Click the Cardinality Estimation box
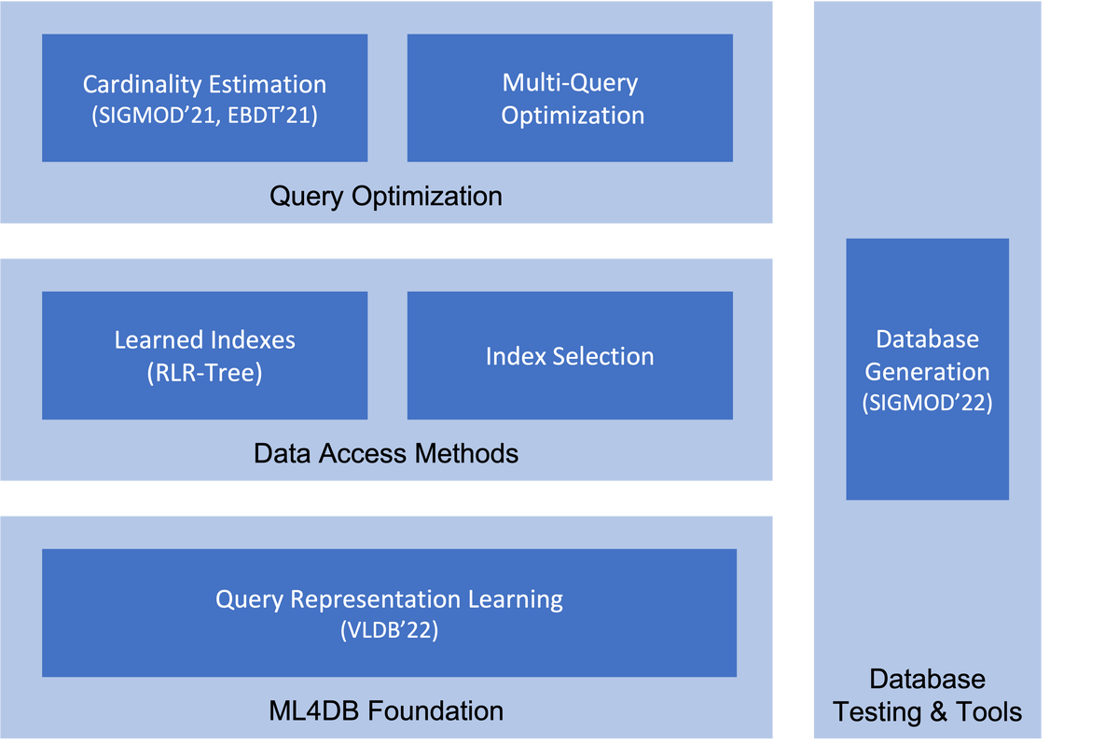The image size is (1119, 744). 204,98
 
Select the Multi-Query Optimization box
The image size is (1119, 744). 570,98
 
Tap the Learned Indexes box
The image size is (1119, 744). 204,355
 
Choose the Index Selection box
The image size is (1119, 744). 570,356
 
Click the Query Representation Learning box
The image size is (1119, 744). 389,613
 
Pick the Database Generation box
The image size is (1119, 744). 927,369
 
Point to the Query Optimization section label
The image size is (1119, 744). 385,197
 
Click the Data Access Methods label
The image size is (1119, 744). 385,454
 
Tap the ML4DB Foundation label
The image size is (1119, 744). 385,710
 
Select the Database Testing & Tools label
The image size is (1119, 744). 927,696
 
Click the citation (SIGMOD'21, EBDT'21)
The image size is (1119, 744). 204,117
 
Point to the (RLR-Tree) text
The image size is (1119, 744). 204,374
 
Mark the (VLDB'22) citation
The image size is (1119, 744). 389,631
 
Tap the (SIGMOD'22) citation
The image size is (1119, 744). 927,404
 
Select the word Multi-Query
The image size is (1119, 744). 570,82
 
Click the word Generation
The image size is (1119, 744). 927,371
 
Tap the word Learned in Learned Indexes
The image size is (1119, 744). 153,339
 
